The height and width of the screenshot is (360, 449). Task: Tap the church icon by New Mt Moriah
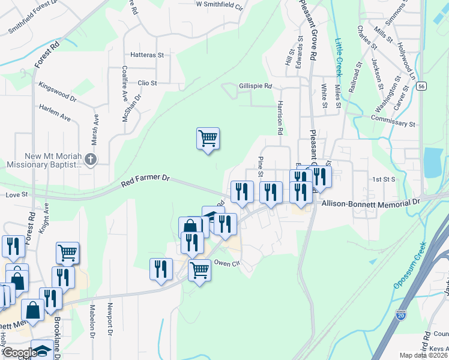[91, 160]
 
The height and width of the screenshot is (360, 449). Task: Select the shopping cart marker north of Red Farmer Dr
[208, 139]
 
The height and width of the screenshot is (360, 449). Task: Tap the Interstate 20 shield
[401, 314]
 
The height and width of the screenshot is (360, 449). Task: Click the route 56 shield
[422, 86]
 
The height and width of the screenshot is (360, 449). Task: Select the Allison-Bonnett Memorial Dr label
[370, 203]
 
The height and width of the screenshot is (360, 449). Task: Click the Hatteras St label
[147, 55]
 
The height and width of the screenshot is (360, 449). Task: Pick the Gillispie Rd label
[255, 86]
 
